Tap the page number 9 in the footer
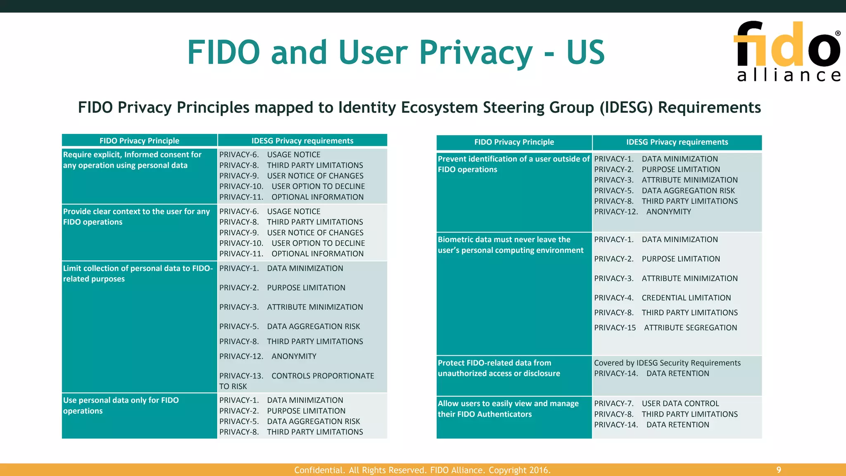point(779,470)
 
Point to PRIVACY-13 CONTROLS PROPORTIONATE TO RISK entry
point(297,381)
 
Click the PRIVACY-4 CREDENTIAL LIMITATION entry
point(662,298)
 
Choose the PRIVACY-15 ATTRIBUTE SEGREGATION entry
point(665,328)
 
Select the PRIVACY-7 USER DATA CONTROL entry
point(656,403)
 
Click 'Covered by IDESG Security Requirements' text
point(667,363)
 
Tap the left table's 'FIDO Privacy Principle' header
point(139,141)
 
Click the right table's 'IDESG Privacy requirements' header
point(677,142)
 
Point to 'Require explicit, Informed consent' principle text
point(132,160)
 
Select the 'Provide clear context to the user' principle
point(136,217)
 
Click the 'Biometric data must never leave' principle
point(511,245)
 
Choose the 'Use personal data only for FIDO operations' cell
point(121,405)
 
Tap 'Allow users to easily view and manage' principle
point(508,409)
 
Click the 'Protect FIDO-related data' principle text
point(499,368)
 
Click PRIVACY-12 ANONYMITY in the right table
point(642,212)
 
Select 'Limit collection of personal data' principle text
point(138,274)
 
